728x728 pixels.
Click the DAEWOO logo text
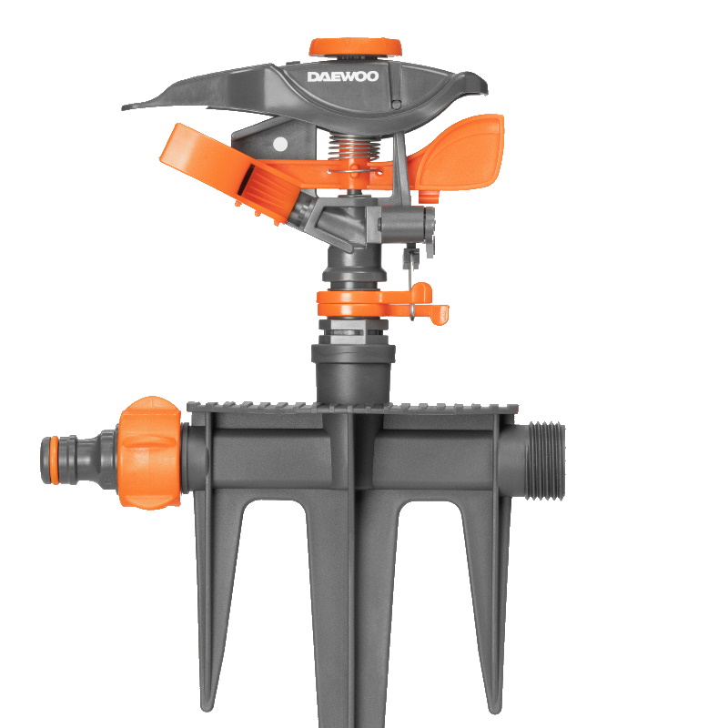click(x=343, y=76)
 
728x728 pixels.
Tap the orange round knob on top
click(x=356, y=47)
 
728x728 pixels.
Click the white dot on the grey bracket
click(x=280, y=144)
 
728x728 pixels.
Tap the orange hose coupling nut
click(x=149, y=452)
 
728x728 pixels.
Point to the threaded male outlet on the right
click(x=545, y=460)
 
